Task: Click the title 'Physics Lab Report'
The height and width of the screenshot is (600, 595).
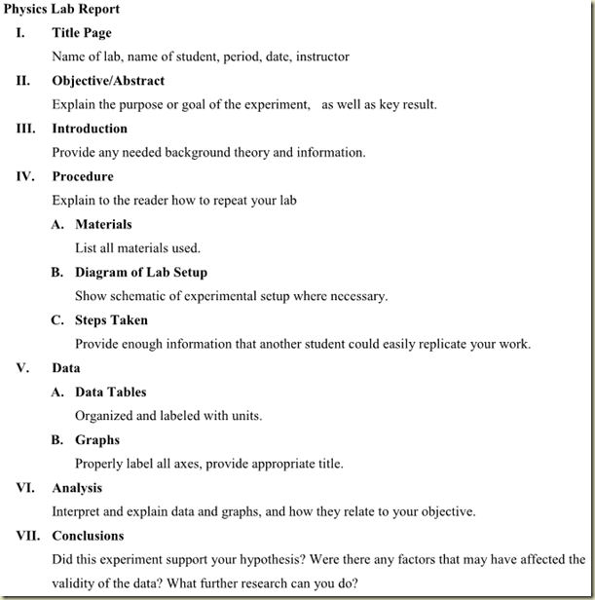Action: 62,9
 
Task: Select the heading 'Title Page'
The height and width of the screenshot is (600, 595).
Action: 82,33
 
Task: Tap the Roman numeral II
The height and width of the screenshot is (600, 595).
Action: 23,81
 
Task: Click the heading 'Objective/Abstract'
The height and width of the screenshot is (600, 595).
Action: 108,81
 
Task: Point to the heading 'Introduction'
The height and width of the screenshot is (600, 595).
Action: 90,129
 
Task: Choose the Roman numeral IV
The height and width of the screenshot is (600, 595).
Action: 24,176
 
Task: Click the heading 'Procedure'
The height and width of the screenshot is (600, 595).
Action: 83,176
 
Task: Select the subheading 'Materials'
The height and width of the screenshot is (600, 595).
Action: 103,224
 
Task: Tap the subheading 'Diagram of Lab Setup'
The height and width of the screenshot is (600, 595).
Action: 141,272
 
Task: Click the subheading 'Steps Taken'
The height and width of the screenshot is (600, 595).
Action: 112,319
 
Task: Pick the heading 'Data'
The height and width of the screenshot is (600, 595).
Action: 66,368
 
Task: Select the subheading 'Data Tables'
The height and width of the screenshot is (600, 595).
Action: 111,392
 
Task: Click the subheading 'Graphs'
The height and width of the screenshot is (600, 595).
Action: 97,439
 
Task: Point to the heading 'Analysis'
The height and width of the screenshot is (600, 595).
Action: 77,488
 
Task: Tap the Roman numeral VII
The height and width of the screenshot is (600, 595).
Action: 26,536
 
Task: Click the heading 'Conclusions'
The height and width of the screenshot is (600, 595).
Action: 89,536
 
